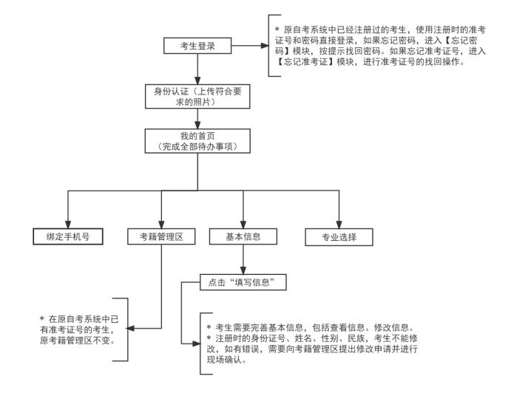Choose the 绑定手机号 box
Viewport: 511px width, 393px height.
[67, 237]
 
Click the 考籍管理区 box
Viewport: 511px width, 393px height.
[160, 237]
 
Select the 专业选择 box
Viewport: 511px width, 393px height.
[339, 237]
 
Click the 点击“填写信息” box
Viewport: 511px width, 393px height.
[243, 281]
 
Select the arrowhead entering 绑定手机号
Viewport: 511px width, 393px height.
[67, 223]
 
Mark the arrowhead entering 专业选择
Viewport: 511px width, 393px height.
[339, 223]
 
